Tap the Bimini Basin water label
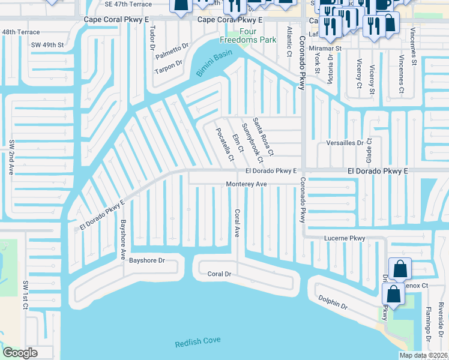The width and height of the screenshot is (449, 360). click(x=214, y=63)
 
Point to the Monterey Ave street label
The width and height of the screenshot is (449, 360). click(x=246, y=184)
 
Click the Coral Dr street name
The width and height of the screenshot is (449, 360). click(x=219, y=274)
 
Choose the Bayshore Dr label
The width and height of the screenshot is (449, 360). click(x=146, y=260)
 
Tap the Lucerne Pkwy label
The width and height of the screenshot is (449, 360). click(x=345, y=238)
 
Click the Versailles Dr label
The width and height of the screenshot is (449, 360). click(x=343, y=143)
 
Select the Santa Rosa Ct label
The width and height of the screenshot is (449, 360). click(x=263, y=137)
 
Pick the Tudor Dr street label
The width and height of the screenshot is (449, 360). click(x=152, y=37)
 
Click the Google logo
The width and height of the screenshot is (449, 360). click(x=20, y=353)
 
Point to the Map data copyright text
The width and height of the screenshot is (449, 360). click(x=423, y=355)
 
